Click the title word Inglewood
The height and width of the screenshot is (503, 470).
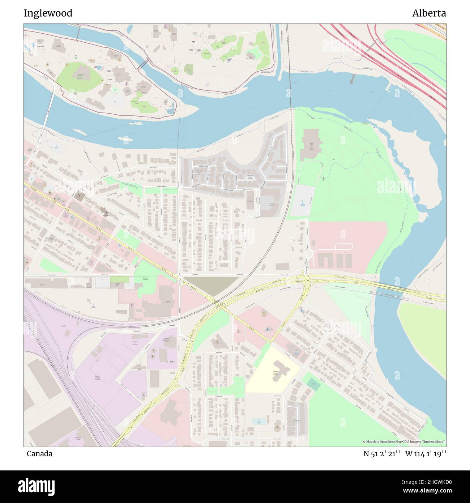[x=48, y=13]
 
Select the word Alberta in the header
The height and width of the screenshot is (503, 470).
[x=429, y=13]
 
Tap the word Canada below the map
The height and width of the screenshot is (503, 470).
[x=39, y=454]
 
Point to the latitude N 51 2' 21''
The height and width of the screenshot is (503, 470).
[x=381, y=454]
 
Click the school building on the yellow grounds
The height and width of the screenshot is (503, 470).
[x=278, y=371]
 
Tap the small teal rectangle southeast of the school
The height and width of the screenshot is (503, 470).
[x=314, y=386]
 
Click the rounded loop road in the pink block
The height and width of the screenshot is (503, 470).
[x=343, y=246]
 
